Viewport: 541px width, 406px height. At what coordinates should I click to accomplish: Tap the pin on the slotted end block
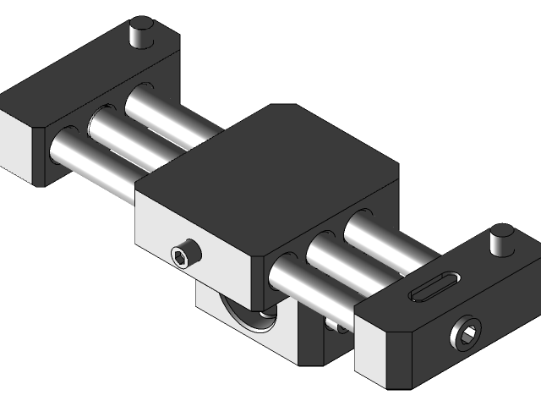(501, 239)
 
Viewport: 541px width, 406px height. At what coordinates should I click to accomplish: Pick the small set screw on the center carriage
(182, 255)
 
